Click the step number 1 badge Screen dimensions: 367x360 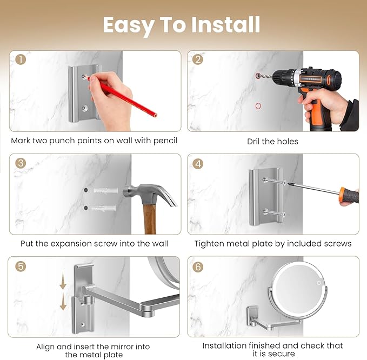point(21,59)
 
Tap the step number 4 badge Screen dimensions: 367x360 point(198,164)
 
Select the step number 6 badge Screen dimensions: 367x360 point(198,267)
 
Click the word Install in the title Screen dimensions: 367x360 point(225,24)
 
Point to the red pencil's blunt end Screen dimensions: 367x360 point(155,115)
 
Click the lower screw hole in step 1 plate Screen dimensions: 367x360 point(84,108)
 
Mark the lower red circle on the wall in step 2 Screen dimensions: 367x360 point(258,106)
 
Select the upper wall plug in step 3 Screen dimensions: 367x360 point(106,190)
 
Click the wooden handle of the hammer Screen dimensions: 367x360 point(150,219)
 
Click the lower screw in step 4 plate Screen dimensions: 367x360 point(274,213)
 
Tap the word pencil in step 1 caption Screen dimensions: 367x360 point(165,141)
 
